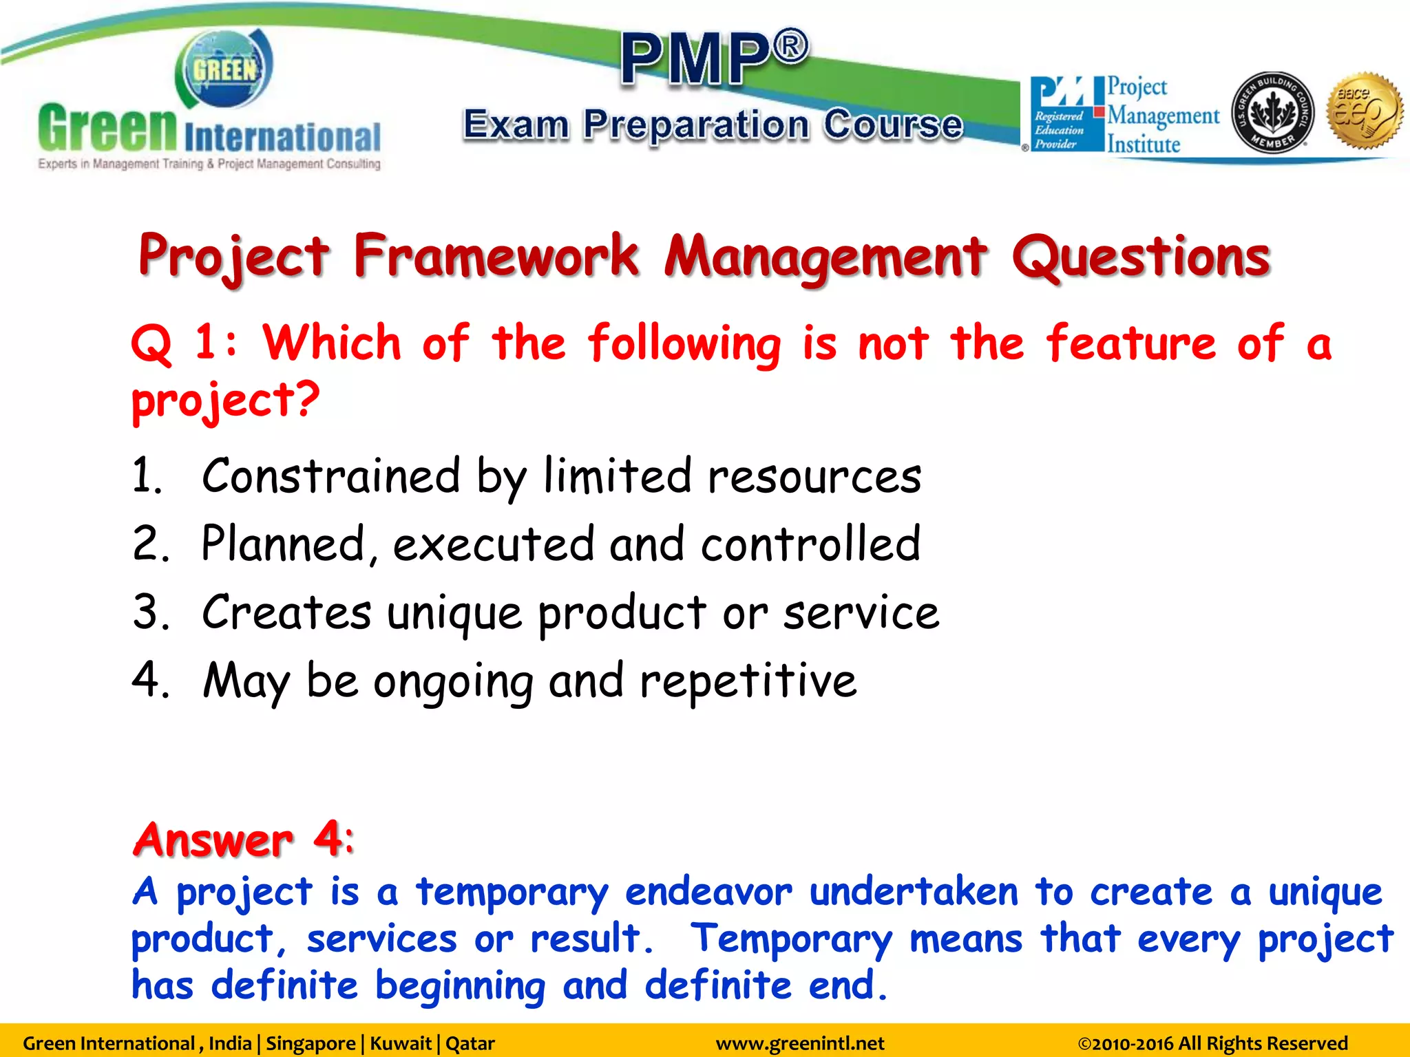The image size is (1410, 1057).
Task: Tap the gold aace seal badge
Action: [1365, 111]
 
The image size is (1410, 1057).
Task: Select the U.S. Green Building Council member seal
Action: [1272, 113]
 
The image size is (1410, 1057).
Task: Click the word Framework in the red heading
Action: [496, 256]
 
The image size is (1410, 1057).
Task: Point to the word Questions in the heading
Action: [1140, 257]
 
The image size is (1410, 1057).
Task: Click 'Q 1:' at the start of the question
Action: [183, 342]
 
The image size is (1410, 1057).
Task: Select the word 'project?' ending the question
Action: [226, 401]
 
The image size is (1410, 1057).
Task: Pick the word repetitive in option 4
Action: [748, 681]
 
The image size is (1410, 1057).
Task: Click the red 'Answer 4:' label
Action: [244, 840]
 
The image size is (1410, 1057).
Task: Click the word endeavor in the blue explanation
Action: [708, 893]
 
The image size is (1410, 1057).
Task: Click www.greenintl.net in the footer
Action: [799, 1043]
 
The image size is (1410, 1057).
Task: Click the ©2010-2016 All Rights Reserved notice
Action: [1212, 1043]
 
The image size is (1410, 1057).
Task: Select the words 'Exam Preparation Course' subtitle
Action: [713, 125]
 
